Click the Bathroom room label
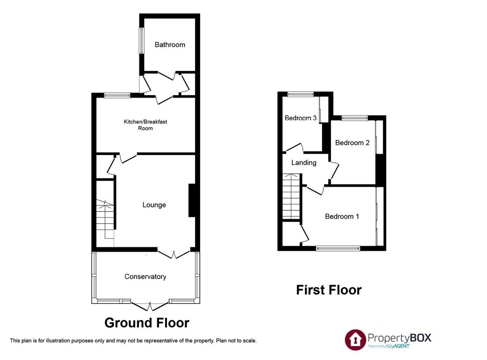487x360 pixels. [170, 45]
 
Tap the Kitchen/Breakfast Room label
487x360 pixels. [146, 125]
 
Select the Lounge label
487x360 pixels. [154, 205]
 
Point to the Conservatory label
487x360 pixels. [145, 277]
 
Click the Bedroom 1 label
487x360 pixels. [342, 216]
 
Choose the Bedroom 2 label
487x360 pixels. [352, 143]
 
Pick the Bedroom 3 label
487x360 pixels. [301, 118]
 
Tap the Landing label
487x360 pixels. [304, 163]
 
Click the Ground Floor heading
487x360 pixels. [146, 323]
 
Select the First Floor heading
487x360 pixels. [329, 290]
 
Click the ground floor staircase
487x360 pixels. [106, 220]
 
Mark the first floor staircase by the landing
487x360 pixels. [291, 197]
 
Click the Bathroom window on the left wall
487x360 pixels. [141, 41]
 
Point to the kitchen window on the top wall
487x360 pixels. [117, 95]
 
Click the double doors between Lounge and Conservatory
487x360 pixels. [174, 253]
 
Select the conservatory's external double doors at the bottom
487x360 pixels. [150, 306]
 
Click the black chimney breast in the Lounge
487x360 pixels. [192, 200]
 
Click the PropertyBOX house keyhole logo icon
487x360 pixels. [355, 339]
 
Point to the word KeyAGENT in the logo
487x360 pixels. [399, 346]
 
